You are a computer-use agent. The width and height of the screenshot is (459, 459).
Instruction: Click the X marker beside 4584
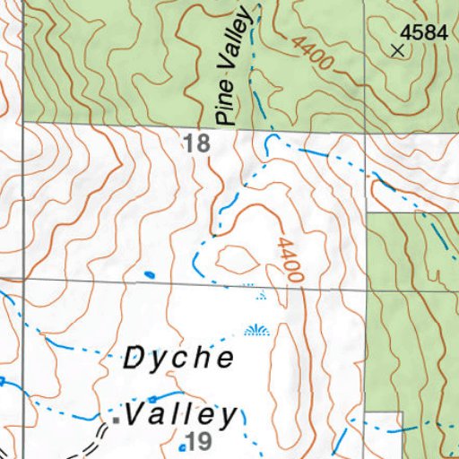[398, 50]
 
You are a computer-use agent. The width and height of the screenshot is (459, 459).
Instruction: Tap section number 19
[196, 440]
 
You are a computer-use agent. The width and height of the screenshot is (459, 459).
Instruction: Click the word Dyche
[178, 359]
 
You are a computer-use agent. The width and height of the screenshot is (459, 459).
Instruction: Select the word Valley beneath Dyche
[183, 415]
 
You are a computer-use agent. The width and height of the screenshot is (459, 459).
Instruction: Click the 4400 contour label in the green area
[313, 55]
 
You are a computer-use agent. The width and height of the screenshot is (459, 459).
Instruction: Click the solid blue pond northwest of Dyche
[149, 273]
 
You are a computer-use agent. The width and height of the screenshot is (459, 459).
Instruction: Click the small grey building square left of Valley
[116, 419]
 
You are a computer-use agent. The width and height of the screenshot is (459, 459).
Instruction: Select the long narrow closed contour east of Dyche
[285, 359]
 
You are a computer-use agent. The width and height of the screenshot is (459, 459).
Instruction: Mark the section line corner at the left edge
[23, 279]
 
